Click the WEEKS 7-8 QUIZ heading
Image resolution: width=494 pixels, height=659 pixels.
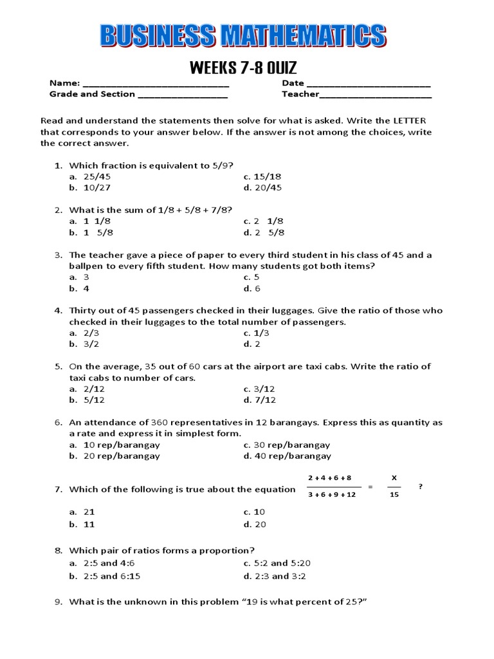pos(243,68)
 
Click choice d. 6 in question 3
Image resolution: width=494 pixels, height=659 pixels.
pos(252,288)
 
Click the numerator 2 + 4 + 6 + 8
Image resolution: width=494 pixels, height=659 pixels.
pos(330,478)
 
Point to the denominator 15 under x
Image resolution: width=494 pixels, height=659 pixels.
pos(394,495)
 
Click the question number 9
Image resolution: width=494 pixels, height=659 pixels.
pos(57,602)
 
